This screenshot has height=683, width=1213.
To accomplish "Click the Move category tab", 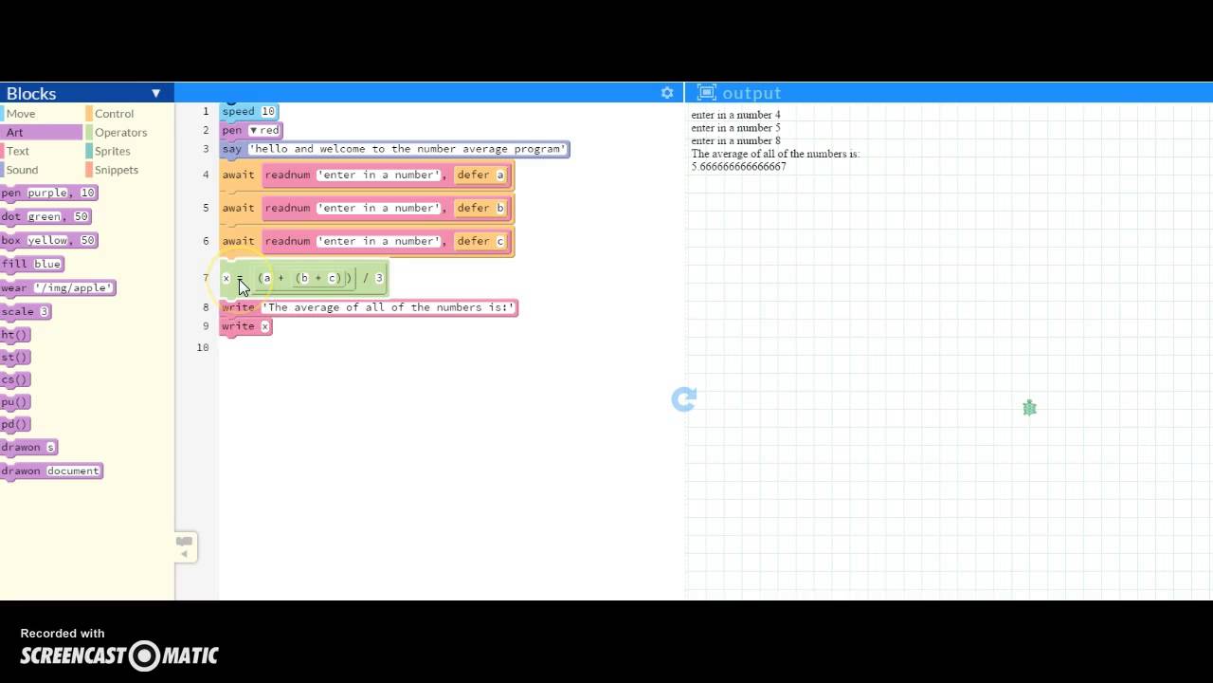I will (21, 114).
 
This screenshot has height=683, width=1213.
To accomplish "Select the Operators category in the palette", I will (120, 133).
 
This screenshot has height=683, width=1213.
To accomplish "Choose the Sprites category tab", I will (112, 151).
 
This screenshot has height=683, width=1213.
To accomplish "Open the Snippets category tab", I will (116, 170).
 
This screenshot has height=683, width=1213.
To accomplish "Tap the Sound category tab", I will (22, 170).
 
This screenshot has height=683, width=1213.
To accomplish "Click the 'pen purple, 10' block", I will (47, 193).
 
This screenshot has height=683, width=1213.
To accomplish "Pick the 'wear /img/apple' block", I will (57, 287).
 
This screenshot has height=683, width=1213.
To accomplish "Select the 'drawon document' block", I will (50, 471).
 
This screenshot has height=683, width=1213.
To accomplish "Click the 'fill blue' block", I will (31, 264).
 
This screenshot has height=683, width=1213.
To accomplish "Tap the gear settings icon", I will (667, 93).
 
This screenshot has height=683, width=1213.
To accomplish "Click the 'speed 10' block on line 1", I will (248, 111).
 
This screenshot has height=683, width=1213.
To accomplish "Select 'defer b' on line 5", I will (480, 208).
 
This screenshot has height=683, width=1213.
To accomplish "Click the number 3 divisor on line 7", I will (379, 278).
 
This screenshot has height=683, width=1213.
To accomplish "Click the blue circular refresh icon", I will (683, 399).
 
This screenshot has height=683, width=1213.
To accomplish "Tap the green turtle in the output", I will (1029, 408).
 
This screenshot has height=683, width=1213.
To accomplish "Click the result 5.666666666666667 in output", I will (738, 167).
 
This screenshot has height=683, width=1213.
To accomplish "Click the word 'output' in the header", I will (751, 93).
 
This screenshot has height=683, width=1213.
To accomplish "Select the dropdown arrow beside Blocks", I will (156, 93).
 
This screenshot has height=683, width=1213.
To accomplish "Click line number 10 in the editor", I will (203, 347).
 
